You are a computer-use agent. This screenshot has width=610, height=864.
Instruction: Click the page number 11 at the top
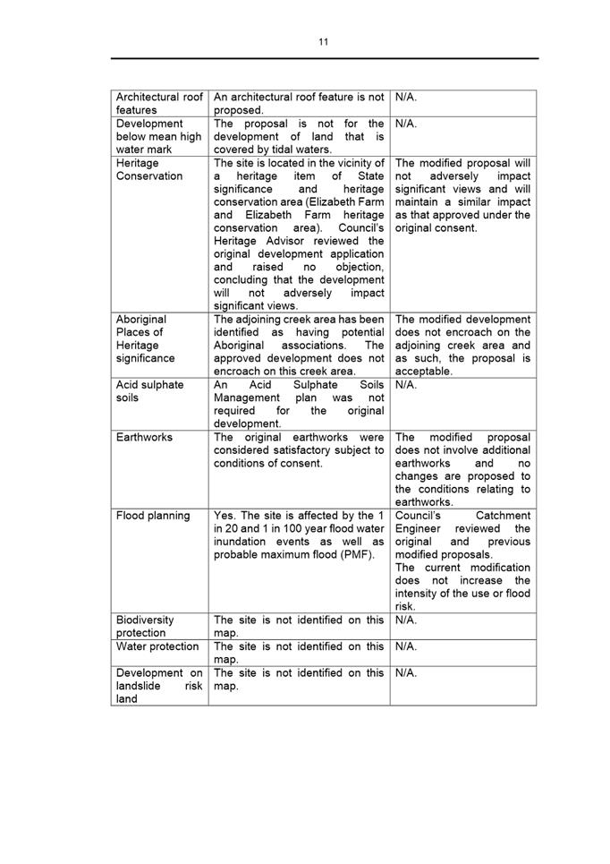pos(323,41)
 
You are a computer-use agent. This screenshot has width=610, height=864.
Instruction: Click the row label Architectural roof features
pos(160,103)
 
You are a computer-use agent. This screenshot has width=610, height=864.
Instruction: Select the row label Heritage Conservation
pos(149,169)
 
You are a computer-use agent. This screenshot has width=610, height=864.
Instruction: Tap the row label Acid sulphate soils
pos(149,391)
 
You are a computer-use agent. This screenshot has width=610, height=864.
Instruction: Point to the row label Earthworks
pos(145,437)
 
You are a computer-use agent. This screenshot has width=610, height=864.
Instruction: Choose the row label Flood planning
pos(153,516)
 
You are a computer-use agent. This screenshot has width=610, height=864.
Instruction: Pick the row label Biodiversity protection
pos(146,626)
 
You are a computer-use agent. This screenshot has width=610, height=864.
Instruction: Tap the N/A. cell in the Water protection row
pos(406,646)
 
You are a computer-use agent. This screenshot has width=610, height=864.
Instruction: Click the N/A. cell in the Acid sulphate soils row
pos(406,384)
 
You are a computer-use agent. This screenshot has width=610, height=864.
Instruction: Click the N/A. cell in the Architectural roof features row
pos(406,97)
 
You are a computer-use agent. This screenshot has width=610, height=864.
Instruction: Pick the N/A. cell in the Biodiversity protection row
pos(406,620)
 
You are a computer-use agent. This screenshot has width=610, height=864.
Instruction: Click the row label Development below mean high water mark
pos(159,136)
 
